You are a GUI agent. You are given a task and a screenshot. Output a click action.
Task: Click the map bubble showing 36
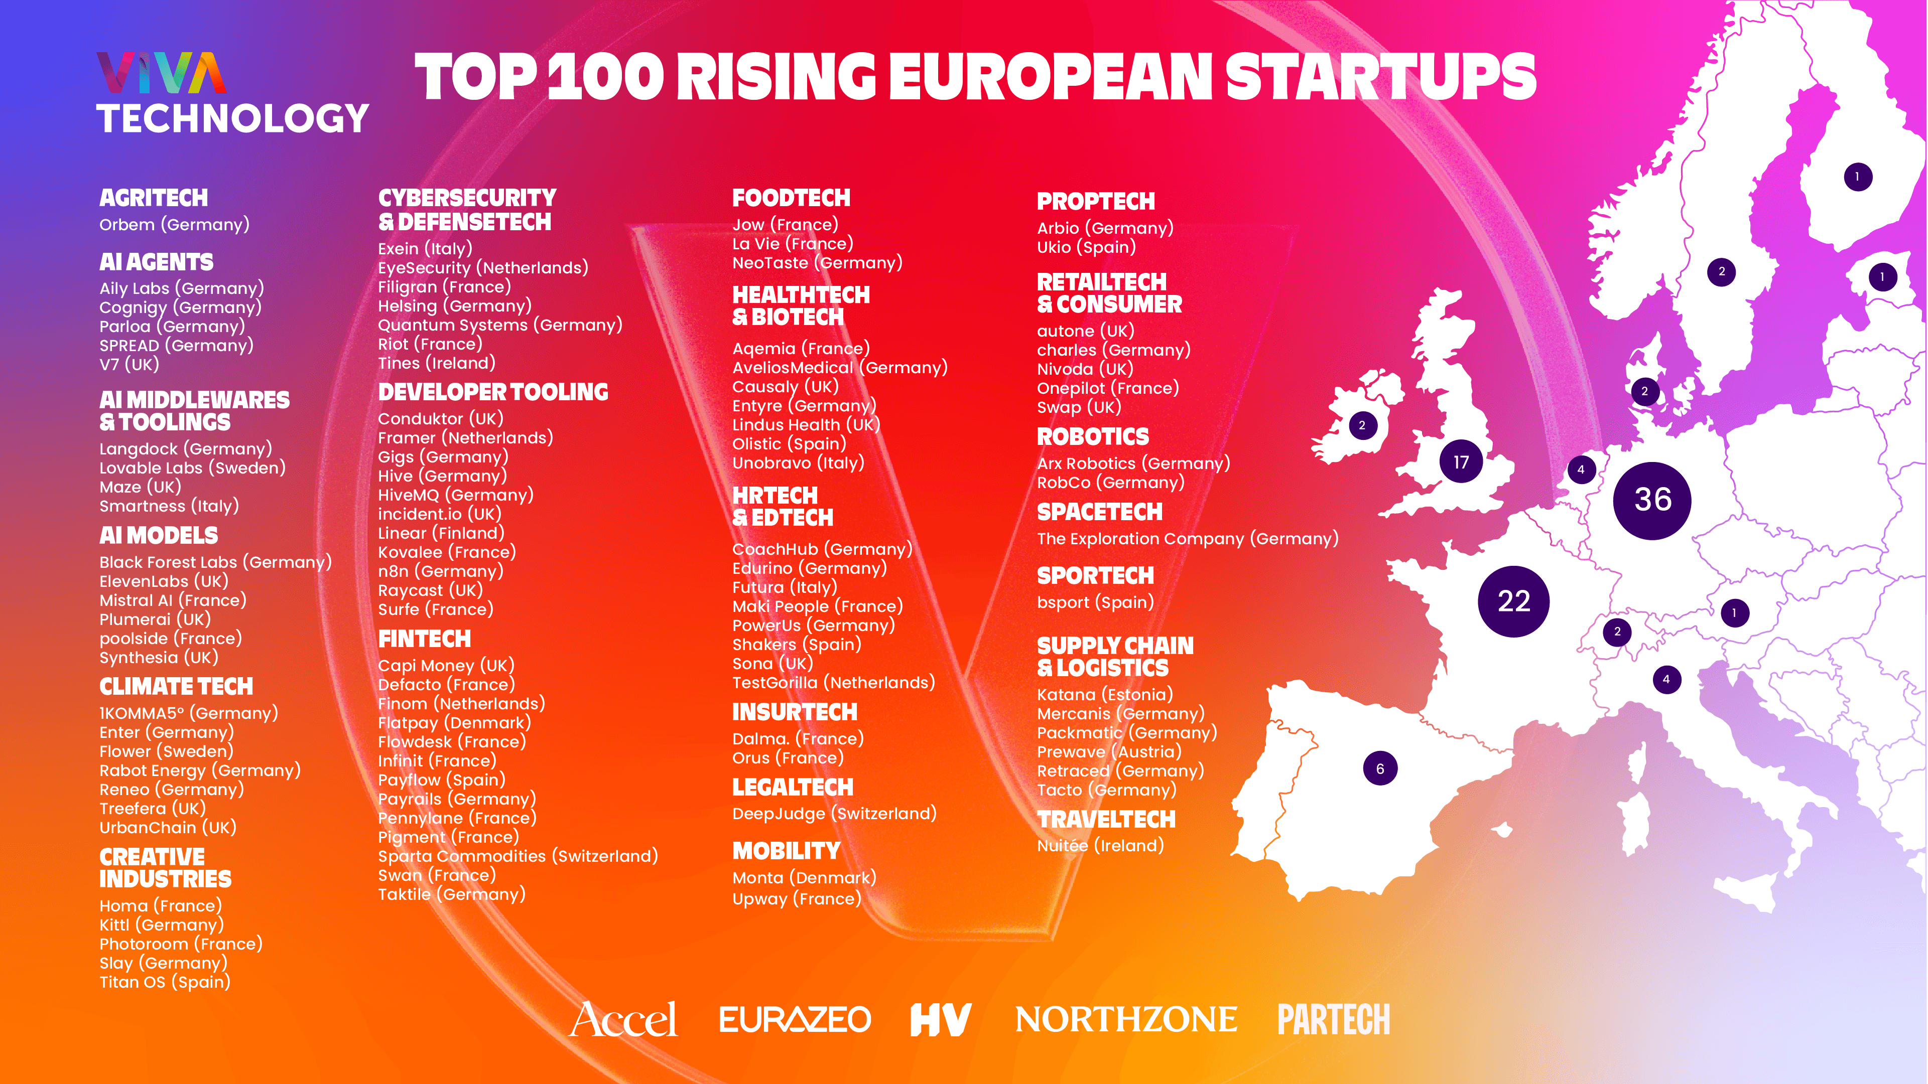(1652, 500)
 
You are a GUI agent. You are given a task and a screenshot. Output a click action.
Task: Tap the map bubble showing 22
(1513, 601)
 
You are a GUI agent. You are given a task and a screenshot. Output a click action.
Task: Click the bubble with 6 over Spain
(1379, 768)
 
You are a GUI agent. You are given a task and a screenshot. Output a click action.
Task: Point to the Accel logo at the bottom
(623, 1019)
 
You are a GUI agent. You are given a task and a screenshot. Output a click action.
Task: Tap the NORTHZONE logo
(1125, 1019)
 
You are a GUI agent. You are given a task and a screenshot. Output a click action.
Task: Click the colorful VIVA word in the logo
(161, 73)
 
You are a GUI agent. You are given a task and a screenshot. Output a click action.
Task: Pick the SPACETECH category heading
(1099, 513)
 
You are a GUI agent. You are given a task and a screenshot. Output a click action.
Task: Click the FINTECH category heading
(424, 639)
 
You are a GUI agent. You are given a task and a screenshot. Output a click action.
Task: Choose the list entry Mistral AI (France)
(173, 600)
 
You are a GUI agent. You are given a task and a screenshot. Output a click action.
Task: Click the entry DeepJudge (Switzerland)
(834, 813)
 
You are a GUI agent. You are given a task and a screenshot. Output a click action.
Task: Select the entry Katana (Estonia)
(1105, 694)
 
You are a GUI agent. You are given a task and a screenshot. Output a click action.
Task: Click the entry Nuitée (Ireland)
(1099, 845)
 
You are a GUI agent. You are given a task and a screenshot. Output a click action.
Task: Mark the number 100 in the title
(605, 77)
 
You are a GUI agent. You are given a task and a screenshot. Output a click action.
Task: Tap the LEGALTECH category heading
(793, 787)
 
